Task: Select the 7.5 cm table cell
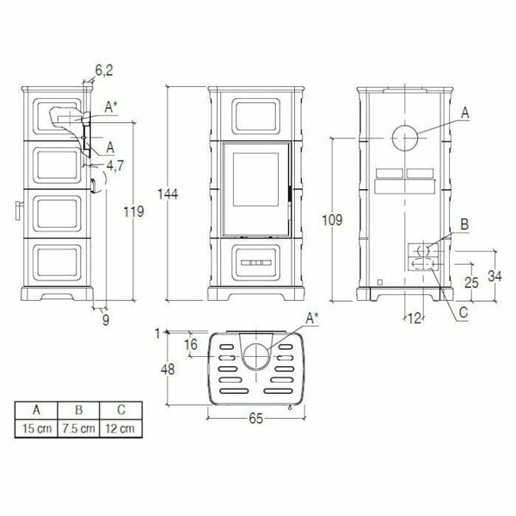[x=79, y=427]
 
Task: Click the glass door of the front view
[x=255, y=188]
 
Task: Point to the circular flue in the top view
[x=255, y=354]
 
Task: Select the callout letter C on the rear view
[x=463, y=314]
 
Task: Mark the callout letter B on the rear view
[x=464, y=224]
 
